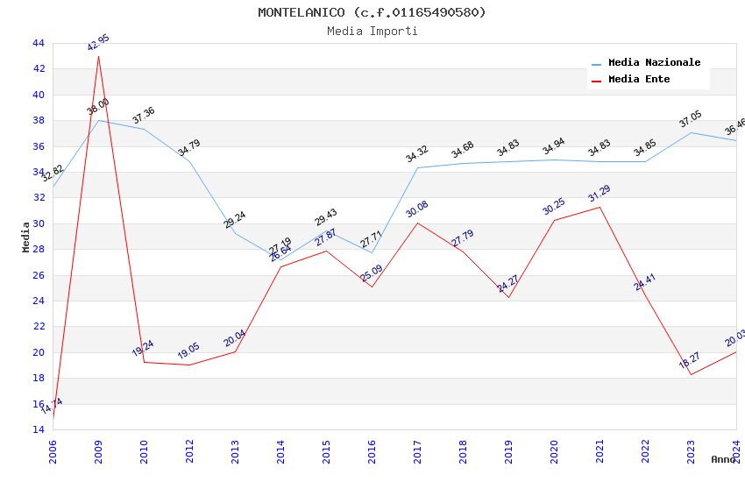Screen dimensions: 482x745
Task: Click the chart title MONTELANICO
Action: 372,12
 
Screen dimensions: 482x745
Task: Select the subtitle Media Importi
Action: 372,31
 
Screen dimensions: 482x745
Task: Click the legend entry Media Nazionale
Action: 654,63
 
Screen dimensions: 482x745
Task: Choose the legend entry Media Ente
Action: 638,80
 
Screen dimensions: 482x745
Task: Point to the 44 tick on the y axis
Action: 38,43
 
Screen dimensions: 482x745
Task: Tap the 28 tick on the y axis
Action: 38,249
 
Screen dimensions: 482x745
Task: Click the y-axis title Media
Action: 26,236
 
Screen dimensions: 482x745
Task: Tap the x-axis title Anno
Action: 723,459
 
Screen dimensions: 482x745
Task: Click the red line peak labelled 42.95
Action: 98,56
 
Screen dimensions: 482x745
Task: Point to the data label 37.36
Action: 143,115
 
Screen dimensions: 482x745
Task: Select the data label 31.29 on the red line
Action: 600,193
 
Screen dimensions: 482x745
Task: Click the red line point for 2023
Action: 691,374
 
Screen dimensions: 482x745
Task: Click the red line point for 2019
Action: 508,297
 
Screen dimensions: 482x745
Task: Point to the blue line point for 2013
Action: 235,233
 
